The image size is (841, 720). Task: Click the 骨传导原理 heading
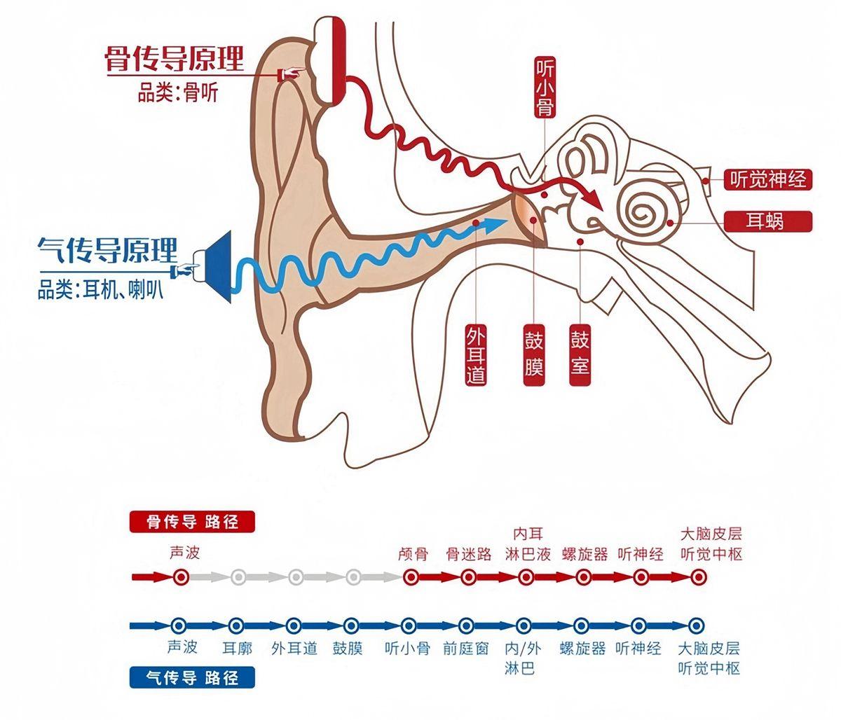[175, 60]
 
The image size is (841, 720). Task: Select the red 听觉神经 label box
[768, 180]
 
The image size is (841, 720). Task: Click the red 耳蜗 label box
[768, 222]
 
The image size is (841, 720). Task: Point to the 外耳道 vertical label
[476, 354]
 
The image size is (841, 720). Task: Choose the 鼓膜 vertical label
[534, 354]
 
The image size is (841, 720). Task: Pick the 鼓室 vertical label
[580, 354]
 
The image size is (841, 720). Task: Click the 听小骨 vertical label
[545, 88]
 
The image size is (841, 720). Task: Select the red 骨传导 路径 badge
[192, 522]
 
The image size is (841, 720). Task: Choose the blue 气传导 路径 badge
[192, 677]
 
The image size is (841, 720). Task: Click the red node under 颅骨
[411, 578]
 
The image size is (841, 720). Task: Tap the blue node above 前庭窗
[466, 625]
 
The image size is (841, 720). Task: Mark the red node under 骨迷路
[469, 578]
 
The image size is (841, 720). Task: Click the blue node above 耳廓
[236, 625]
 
